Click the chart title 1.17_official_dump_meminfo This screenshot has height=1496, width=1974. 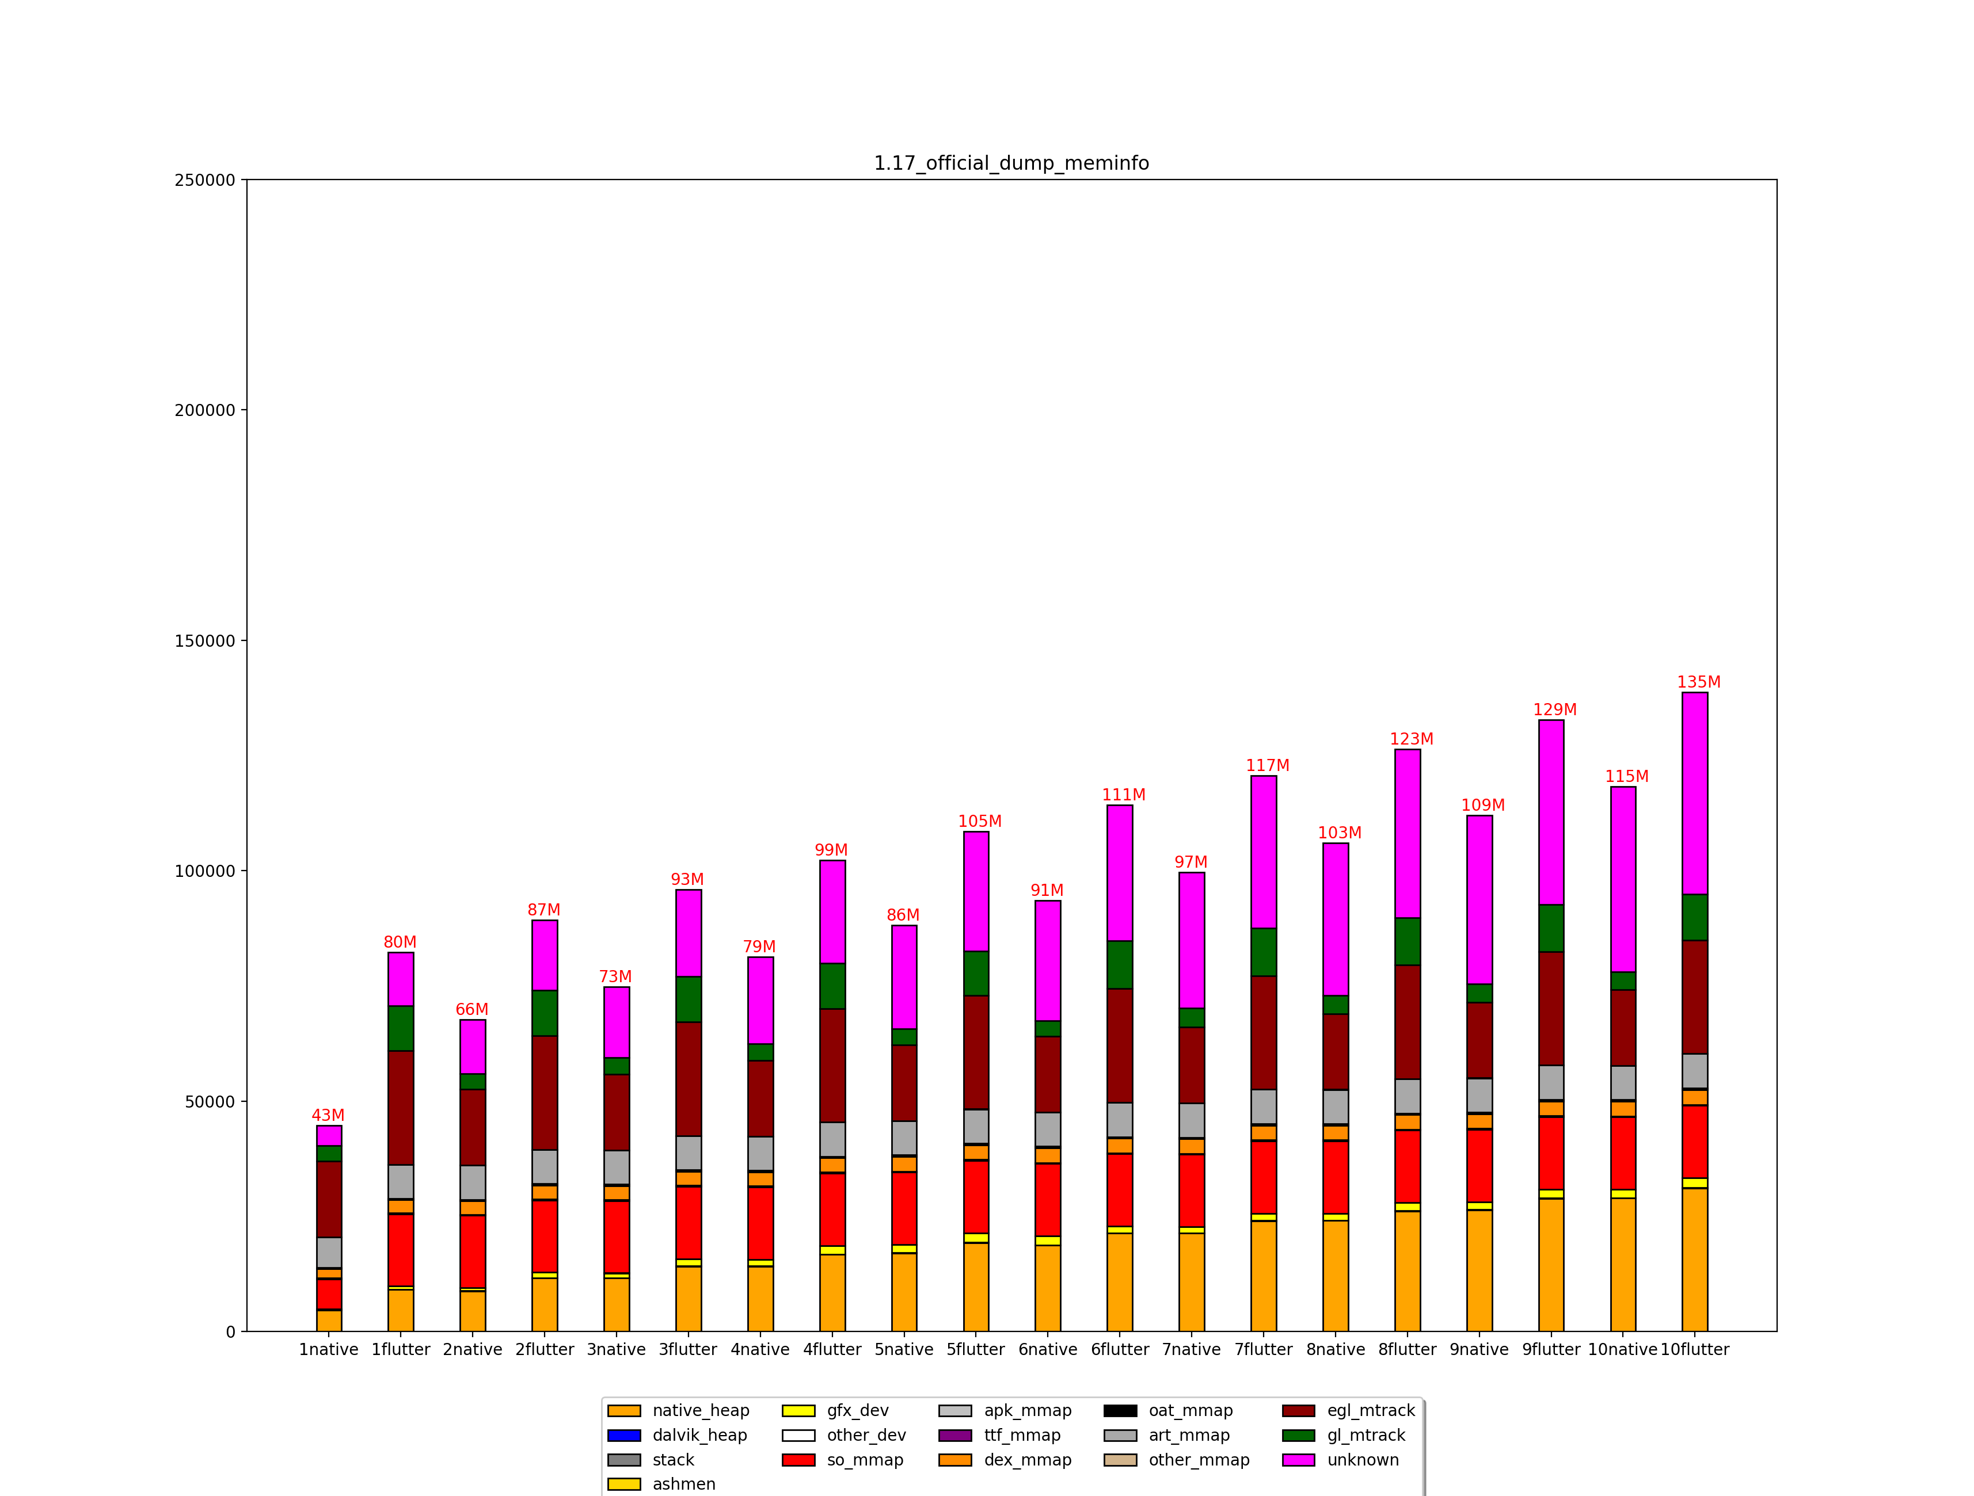coord(1010,163)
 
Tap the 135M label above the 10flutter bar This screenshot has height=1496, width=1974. coord(1698,682)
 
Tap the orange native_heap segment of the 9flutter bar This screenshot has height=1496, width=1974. coord(1551,1264)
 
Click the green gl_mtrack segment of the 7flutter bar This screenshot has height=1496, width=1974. coord(1264,952)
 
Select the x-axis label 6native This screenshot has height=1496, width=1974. coord(1048,1350)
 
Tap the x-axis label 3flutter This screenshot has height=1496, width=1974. coord(687,1350)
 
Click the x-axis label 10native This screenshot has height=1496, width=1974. coord(1622,1350)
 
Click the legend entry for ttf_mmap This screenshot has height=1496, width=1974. coord(1022,1436)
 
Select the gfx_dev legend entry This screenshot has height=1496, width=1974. coord(857,1410)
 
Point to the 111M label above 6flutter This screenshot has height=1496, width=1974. coord(1123,795)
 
